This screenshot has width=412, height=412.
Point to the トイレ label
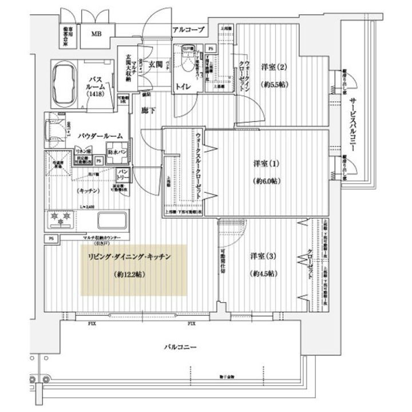tap(183, 87)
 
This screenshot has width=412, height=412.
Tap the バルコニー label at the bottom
tap(180, 347)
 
